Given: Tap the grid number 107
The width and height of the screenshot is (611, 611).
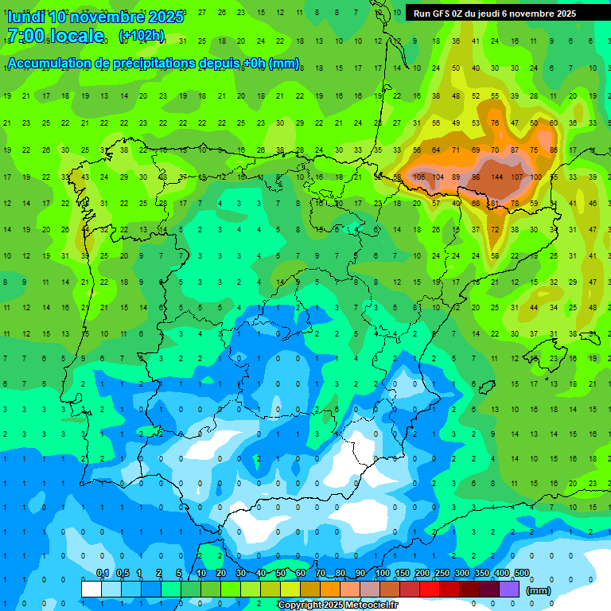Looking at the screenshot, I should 516,177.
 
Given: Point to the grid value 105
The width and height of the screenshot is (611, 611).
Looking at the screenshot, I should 418,177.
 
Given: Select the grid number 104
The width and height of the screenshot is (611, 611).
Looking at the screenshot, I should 438,177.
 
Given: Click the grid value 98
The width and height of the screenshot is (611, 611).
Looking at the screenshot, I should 476,177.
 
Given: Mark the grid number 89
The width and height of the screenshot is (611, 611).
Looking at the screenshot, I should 456,177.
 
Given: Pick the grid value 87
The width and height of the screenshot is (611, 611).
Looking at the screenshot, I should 515,150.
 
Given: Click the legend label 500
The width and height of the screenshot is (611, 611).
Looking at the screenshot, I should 521,574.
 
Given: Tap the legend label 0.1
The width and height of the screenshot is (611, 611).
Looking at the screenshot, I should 102,574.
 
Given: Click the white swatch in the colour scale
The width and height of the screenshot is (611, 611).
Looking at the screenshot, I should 91,589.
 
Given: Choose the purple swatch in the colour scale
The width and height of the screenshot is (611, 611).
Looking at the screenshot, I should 509,589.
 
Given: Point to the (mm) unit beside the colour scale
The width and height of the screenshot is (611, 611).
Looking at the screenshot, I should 539,590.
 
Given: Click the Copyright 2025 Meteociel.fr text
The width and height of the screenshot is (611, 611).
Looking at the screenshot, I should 337,605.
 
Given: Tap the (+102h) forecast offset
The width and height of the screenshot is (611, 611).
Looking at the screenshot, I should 142,35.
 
